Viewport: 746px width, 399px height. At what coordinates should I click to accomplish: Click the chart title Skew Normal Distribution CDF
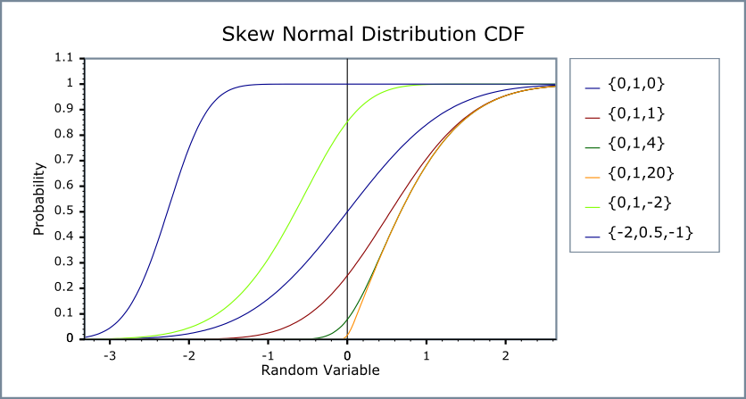372,35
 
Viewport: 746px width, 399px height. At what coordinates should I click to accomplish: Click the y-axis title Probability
39,198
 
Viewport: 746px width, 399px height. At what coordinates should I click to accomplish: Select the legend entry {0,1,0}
637,86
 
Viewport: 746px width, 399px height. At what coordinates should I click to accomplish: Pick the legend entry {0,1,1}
637,115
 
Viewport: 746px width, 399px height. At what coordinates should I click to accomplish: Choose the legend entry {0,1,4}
637,145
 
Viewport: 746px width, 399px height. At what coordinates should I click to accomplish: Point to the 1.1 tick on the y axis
63,59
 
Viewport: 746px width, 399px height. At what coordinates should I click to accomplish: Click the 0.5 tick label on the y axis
63,212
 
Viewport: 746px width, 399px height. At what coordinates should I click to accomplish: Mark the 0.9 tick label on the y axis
63,110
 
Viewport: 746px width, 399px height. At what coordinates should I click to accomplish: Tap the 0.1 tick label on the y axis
63,313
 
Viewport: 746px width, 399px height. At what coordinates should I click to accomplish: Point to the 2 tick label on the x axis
505,355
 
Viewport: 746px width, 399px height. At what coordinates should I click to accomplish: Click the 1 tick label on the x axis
427,355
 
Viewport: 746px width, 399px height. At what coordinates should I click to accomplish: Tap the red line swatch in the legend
593,116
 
